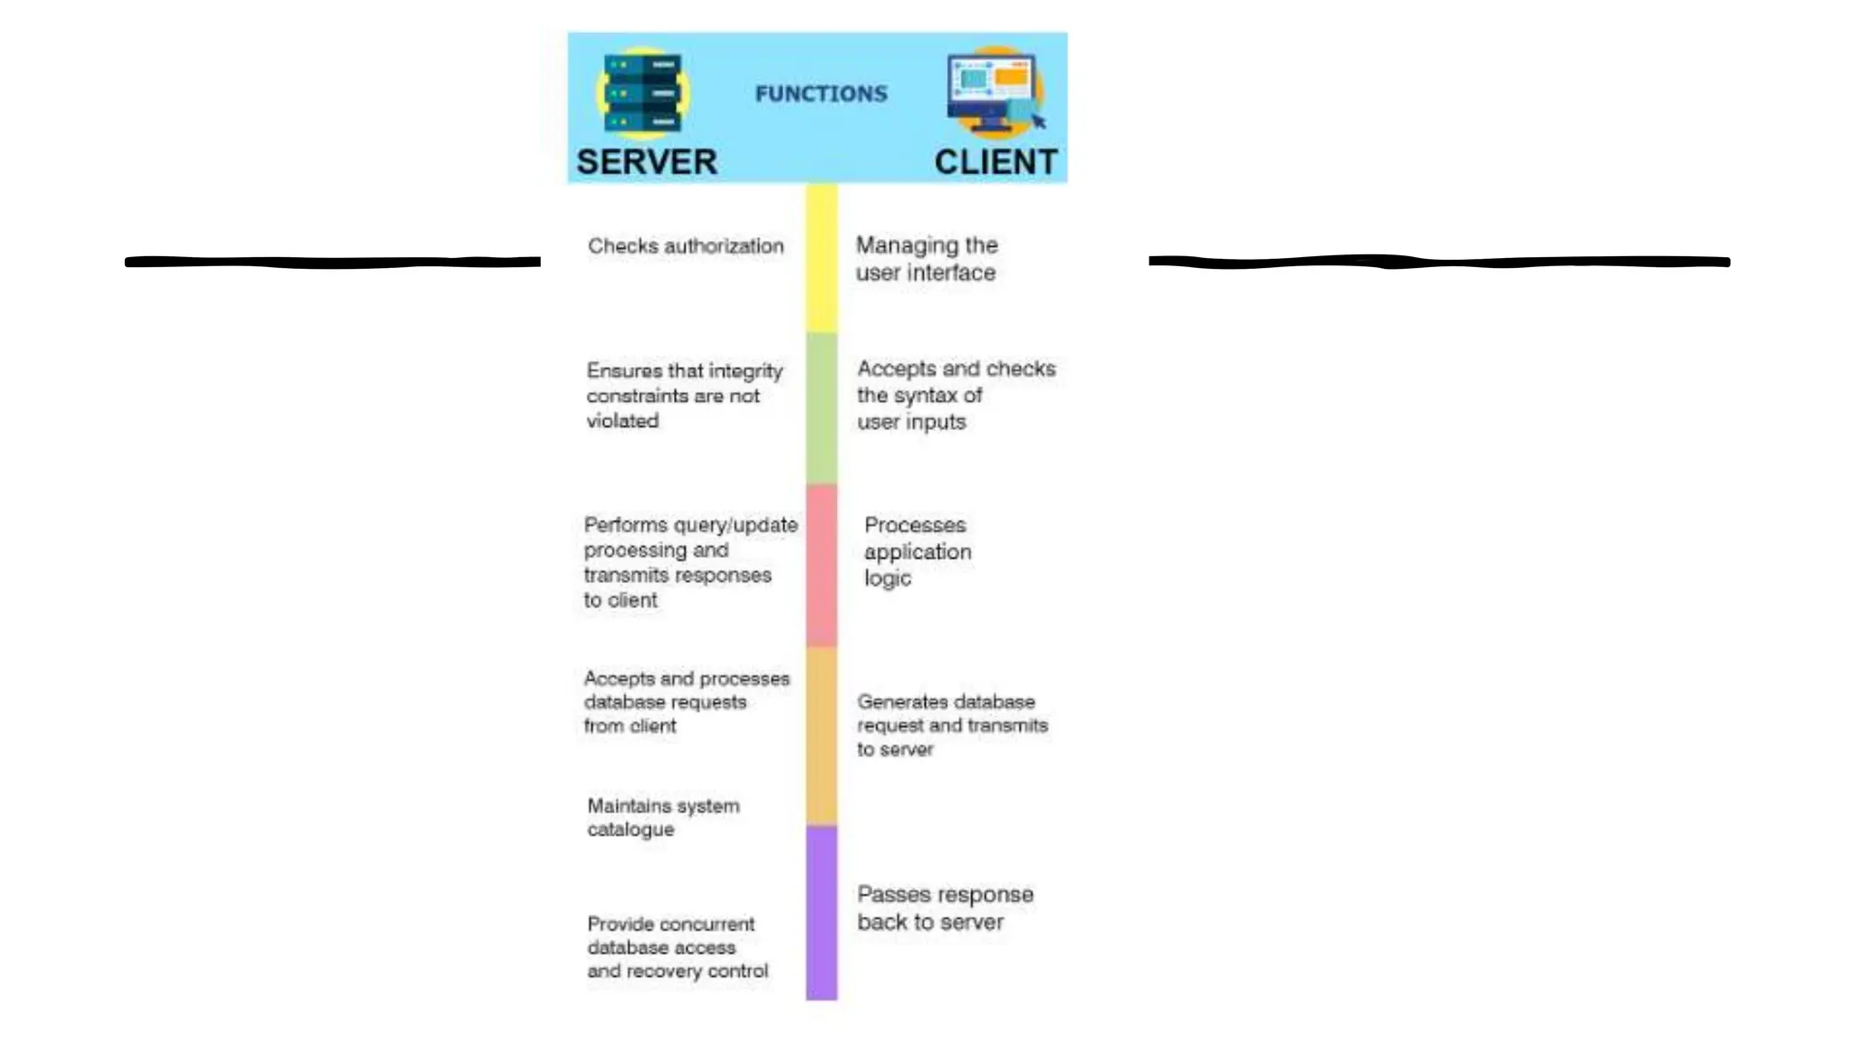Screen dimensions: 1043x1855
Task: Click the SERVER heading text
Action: click(x=647, y=162)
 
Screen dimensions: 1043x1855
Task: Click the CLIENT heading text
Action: click(x=995, y=162)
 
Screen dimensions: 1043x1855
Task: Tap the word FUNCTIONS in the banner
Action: click(x=821, y=94)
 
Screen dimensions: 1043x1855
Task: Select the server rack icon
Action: click(x=643, y=92)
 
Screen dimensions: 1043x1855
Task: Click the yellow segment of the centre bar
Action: click(x=822, y=258)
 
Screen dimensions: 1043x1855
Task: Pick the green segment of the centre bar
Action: click(x=822, y=407)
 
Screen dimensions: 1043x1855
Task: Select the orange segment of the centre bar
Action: click(x=822, y=734)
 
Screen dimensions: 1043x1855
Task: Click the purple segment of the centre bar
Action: click(x=822, y=912)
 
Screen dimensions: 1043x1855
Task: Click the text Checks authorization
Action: click(x=686, y=246)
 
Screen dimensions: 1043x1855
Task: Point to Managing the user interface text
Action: click(x=926, y=259)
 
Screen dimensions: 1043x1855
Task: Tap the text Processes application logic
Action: click(x=917, y=551)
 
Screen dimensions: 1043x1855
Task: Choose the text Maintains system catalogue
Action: click(x=663, y=818)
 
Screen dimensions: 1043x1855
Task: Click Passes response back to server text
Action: click(x=944, y=908)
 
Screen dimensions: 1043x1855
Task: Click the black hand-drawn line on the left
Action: click(x=332, y=263)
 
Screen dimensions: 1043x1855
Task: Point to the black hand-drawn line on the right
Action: click(x=1438, y=263)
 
